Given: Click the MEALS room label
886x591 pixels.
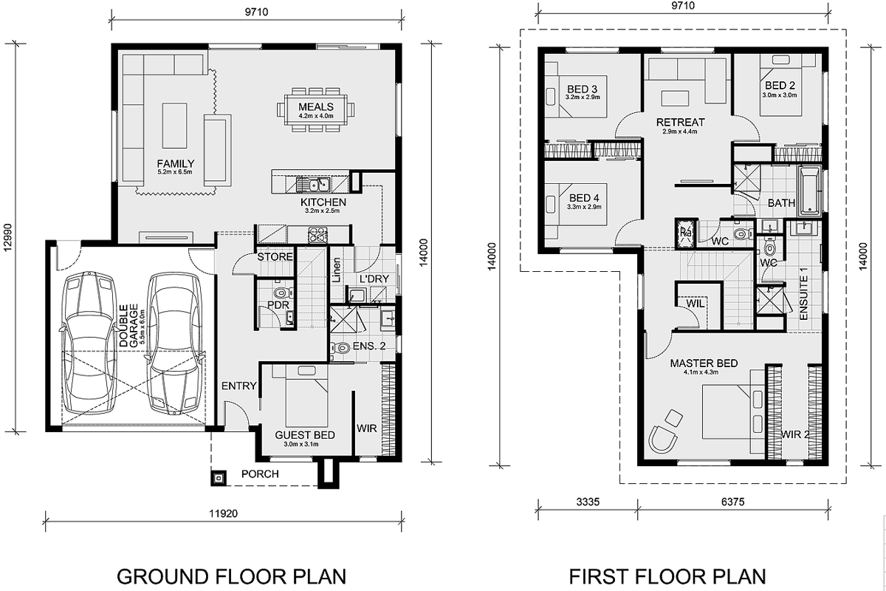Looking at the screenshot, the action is (x=316, y=107).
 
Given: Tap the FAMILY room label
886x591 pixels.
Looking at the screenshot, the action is (x=175, y=163).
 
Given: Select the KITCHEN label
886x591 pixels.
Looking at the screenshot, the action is (x=323, y=202).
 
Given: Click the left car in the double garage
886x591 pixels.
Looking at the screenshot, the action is (x=90, y=343).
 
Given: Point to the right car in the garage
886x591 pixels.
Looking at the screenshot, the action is (x=175, y=343).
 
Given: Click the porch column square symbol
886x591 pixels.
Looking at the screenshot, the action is (x=219, y=478).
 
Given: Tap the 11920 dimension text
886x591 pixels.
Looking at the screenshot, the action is (x=223, y=513).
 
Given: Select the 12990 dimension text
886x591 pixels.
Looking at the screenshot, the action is (x=7, y=238).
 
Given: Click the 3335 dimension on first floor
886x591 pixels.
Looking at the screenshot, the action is (x=588, y=502).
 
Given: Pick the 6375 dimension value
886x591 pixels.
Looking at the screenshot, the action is (x=732, y=502).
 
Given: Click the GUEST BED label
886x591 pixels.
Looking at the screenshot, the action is (x=304, y=435).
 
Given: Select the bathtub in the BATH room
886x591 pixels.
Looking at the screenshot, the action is (x=810, y=191).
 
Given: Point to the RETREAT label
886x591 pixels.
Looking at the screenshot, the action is (x=680, y=123).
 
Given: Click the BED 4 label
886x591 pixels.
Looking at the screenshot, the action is (x=584, y=197).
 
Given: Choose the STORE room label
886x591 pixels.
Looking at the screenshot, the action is (x=275, y=257).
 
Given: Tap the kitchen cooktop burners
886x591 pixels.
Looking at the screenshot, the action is (x=317, y=234).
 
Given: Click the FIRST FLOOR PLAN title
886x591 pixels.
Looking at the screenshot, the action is (x=667, y=576).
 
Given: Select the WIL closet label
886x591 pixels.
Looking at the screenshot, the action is (x=696, y=304).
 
